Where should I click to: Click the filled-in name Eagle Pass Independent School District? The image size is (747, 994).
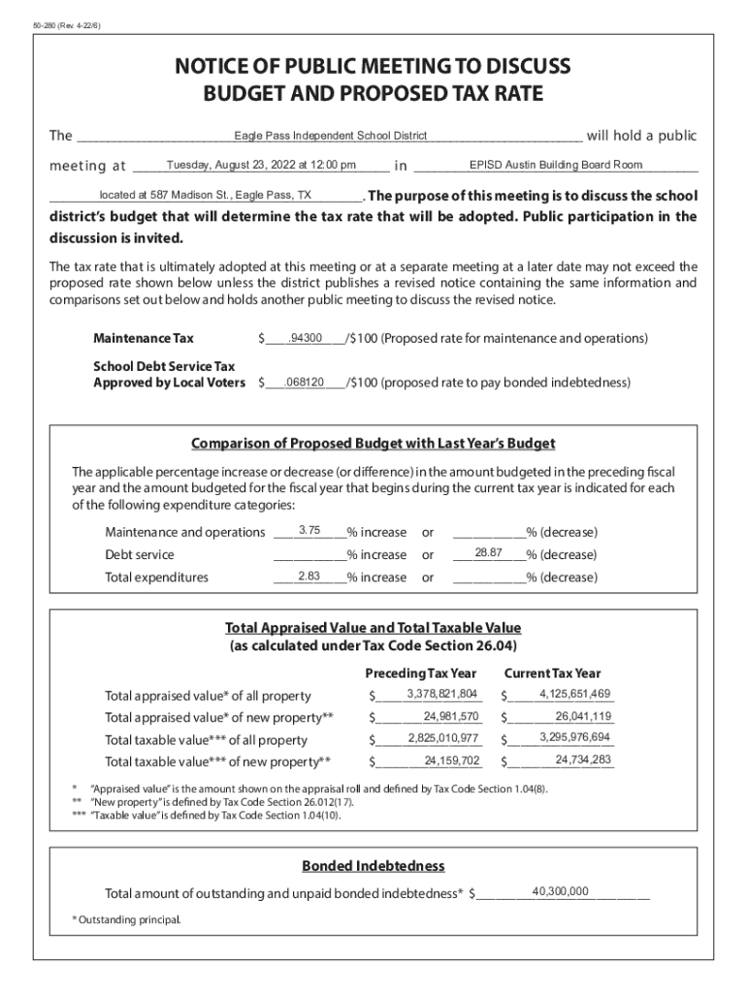click(x=330, y=135)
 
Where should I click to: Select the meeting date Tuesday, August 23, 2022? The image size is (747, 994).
click(x=261, y=165)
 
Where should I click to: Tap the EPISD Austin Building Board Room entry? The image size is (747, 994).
click(x=555, y=165)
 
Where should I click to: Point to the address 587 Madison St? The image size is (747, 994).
click(x=206, y=194)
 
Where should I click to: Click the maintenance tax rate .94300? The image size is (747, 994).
click(x=306, y=338)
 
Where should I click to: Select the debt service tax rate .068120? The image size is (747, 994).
click(x=304, y=381)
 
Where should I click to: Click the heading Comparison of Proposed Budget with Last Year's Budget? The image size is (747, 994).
click(x=373, y=444)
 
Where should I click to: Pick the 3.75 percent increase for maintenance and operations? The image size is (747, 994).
click(x=310, y=530)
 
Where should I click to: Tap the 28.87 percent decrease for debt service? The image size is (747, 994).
click(x=488, y=552)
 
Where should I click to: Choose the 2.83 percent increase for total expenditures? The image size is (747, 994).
click(x=309, y=576)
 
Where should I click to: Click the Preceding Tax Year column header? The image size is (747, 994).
click(x=421, y=673)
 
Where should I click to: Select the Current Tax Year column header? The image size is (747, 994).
click(x=552, y=673)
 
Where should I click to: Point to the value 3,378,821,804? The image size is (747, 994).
click(x=442, y=693)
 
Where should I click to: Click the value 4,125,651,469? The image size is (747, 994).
click(x=574, y=693)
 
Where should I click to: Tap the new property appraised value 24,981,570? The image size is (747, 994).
click(x=451, y=716)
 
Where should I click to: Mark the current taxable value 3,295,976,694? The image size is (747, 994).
click(x=574, y=738)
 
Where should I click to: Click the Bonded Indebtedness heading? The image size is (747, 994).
click(x=373, y=865)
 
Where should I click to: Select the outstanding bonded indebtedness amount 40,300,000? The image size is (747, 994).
click(x=560, y=891)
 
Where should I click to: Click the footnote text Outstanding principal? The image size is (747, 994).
click(x=129, y=918)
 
